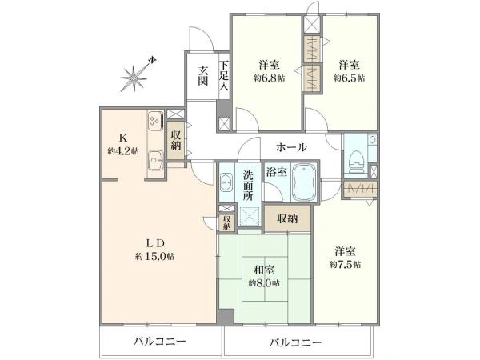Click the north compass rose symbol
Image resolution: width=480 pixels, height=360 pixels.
[x=136, y=76]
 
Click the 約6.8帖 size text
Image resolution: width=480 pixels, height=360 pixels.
[x=268, y=78]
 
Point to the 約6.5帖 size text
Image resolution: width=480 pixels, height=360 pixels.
[x=349, y=78]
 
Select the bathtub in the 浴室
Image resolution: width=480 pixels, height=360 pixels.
[x=306, y=186]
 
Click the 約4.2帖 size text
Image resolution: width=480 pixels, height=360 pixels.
[x=123, y=150]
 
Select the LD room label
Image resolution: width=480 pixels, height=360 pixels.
[x=154, y=242]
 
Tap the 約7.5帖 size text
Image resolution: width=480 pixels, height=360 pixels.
[x=346, y=263]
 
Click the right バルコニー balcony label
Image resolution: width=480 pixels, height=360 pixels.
[x=295, y=342]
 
